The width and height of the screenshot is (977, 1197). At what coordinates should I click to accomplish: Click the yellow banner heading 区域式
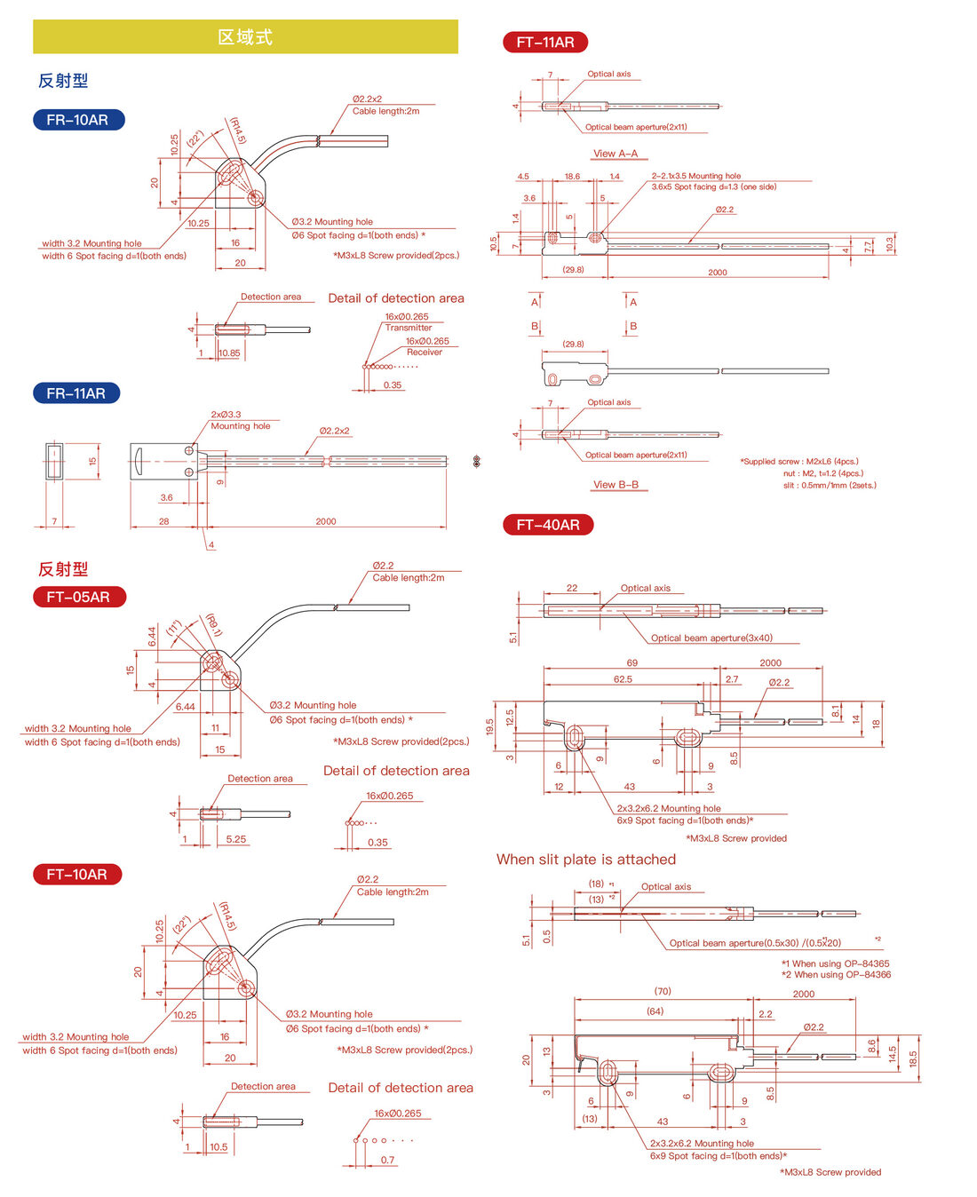click(x=245, y=37)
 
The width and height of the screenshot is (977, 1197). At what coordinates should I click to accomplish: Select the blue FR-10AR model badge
click(x=78, y=120)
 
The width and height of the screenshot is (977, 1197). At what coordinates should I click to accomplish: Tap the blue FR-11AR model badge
click(x=76, y=392)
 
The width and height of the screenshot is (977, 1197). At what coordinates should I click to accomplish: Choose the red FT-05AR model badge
click(x=79, y=597)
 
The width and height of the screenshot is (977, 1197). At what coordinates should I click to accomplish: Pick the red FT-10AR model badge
click(x=77, y=874)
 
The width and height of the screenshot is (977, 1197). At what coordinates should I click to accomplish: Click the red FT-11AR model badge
click(x=545, y=42)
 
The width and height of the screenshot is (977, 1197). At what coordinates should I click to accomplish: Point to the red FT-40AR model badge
click(x=548, y=525)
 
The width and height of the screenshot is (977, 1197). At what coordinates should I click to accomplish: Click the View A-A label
click(x=616, y=154)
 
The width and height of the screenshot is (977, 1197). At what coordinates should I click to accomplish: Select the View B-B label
click(x=616, y=484)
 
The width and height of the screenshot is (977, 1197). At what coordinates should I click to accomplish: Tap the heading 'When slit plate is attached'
click(x=586, y=859)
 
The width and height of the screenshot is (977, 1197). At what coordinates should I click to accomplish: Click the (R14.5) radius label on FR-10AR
click(x=238, y=131)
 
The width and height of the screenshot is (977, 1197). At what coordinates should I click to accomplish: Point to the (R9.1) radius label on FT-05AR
click(x=213, y=625)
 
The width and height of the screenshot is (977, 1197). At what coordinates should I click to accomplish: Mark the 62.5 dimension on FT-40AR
click(x=623, y=678)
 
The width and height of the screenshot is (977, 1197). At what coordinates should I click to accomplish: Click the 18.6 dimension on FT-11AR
click(x=572, y=176)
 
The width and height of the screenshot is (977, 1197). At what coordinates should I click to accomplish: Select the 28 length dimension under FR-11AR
click(x=163, y=521)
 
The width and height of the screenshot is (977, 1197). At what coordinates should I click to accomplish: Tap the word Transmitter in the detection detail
click(x=409, y=328)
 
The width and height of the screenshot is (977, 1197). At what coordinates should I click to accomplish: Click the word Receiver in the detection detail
click(x=424, y=352)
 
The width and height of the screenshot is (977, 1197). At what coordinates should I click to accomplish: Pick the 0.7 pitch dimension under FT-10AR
click(x=387, y=1160)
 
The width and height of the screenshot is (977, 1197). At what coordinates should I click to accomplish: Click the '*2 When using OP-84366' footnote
click(x=836, y=974)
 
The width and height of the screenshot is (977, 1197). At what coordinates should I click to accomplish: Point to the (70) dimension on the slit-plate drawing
click(x=663, y=991)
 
